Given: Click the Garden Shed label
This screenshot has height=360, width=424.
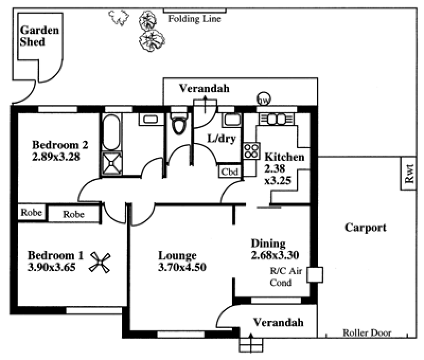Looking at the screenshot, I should (39, 36).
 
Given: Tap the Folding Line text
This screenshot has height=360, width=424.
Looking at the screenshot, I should (195, 19).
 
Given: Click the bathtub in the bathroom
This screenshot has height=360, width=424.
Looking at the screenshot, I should (111, 132).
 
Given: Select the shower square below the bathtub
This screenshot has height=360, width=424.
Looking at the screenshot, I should (111, 163).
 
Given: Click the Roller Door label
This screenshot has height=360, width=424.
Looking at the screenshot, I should (367, 333).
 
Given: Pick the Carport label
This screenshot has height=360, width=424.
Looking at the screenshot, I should (365, 228).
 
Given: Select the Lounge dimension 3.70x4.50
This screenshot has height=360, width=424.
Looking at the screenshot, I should (182, 267).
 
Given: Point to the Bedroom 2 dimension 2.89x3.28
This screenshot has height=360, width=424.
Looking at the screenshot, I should (56, 157).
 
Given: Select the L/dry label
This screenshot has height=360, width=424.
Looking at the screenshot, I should (221, 140).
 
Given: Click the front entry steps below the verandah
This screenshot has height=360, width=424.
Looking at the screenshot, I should (251, 345).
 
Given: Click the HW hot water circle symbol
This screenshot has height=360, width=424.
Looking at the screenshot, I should (263, 100).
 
